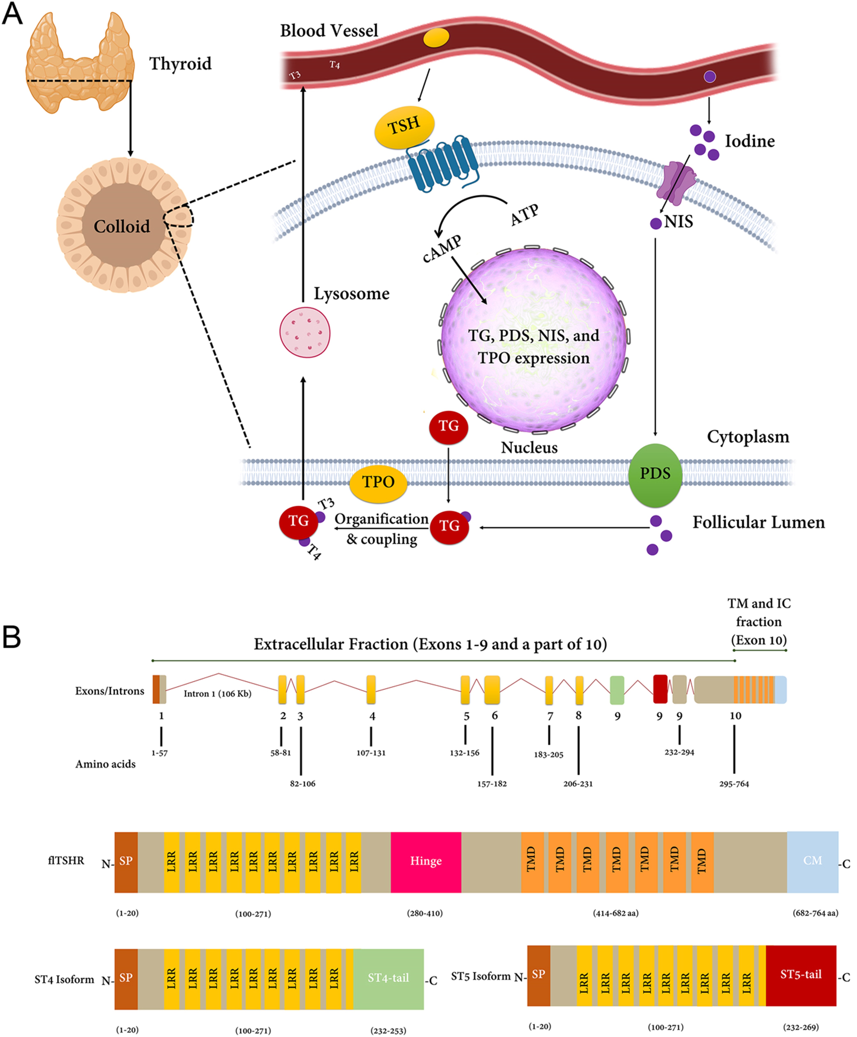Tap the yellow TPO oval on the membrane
(x=378, y=482)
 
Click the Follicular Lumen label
(x=758, y=523)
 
